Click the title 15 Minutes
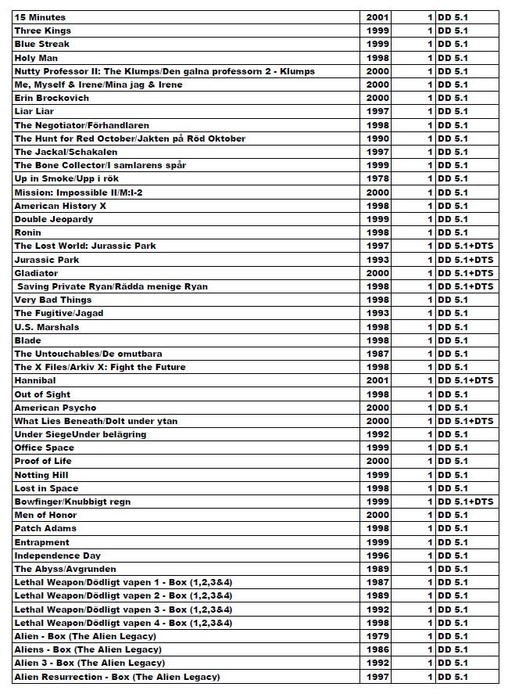click(x=40, y=17)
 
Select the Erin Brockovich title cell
click(x=52, y=98)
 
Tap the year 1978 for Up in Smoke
click(x=377, y=178)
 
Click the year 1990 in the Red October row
click(x=377, y=138)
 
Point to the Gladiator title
click(x=36, y=273)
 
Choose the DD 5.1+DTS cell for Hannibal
click(x=465, y=380)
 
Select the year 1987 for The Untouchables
click(x=377, y=354)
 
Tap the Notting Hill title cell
click(x=41, y=475)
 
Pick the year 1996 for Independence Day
click(x=377, y=556)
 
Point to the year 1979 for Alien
click(x=377, y=636)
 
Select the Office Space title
click(x=45, y=448)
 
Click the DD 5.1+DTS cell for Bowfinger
click(x=465, y=502)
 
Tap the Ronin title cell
click(x=28, y=232)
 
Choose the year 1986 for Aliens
click(x=377, y=649)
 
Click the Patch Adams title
click(x=45, y=528)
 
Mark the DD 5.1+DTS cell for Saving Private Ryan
click(x=465, y=286)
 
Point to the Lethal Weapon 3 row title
click(x=123, y=609)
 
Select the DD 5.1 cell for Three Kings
click(x=453, y=31)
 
